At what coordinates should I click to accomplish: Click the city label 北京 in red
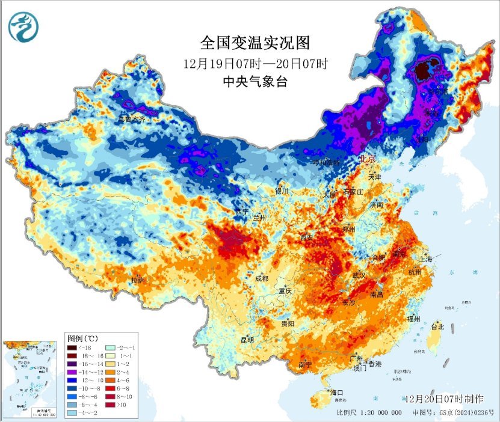[x=367, y=160]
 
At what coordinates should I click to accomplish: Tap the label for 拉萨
[x=137, y=280]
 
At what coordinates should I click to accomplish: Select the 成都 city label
[x=261, y=278]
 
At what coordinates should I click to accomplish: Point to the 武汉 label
[x=359, y=274]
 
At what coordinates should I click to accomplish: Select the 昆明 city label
[x=247, y=340]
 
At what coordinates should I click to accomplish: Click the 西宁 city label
[x=242, y=212]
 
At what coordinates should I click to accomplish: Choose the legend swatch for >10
[x=109, y=406]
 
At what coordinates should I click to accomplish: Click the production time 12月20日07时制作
[x=444, y=399]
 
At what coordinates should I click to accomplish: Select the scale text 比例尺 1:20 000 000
[x=369, y=413]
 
